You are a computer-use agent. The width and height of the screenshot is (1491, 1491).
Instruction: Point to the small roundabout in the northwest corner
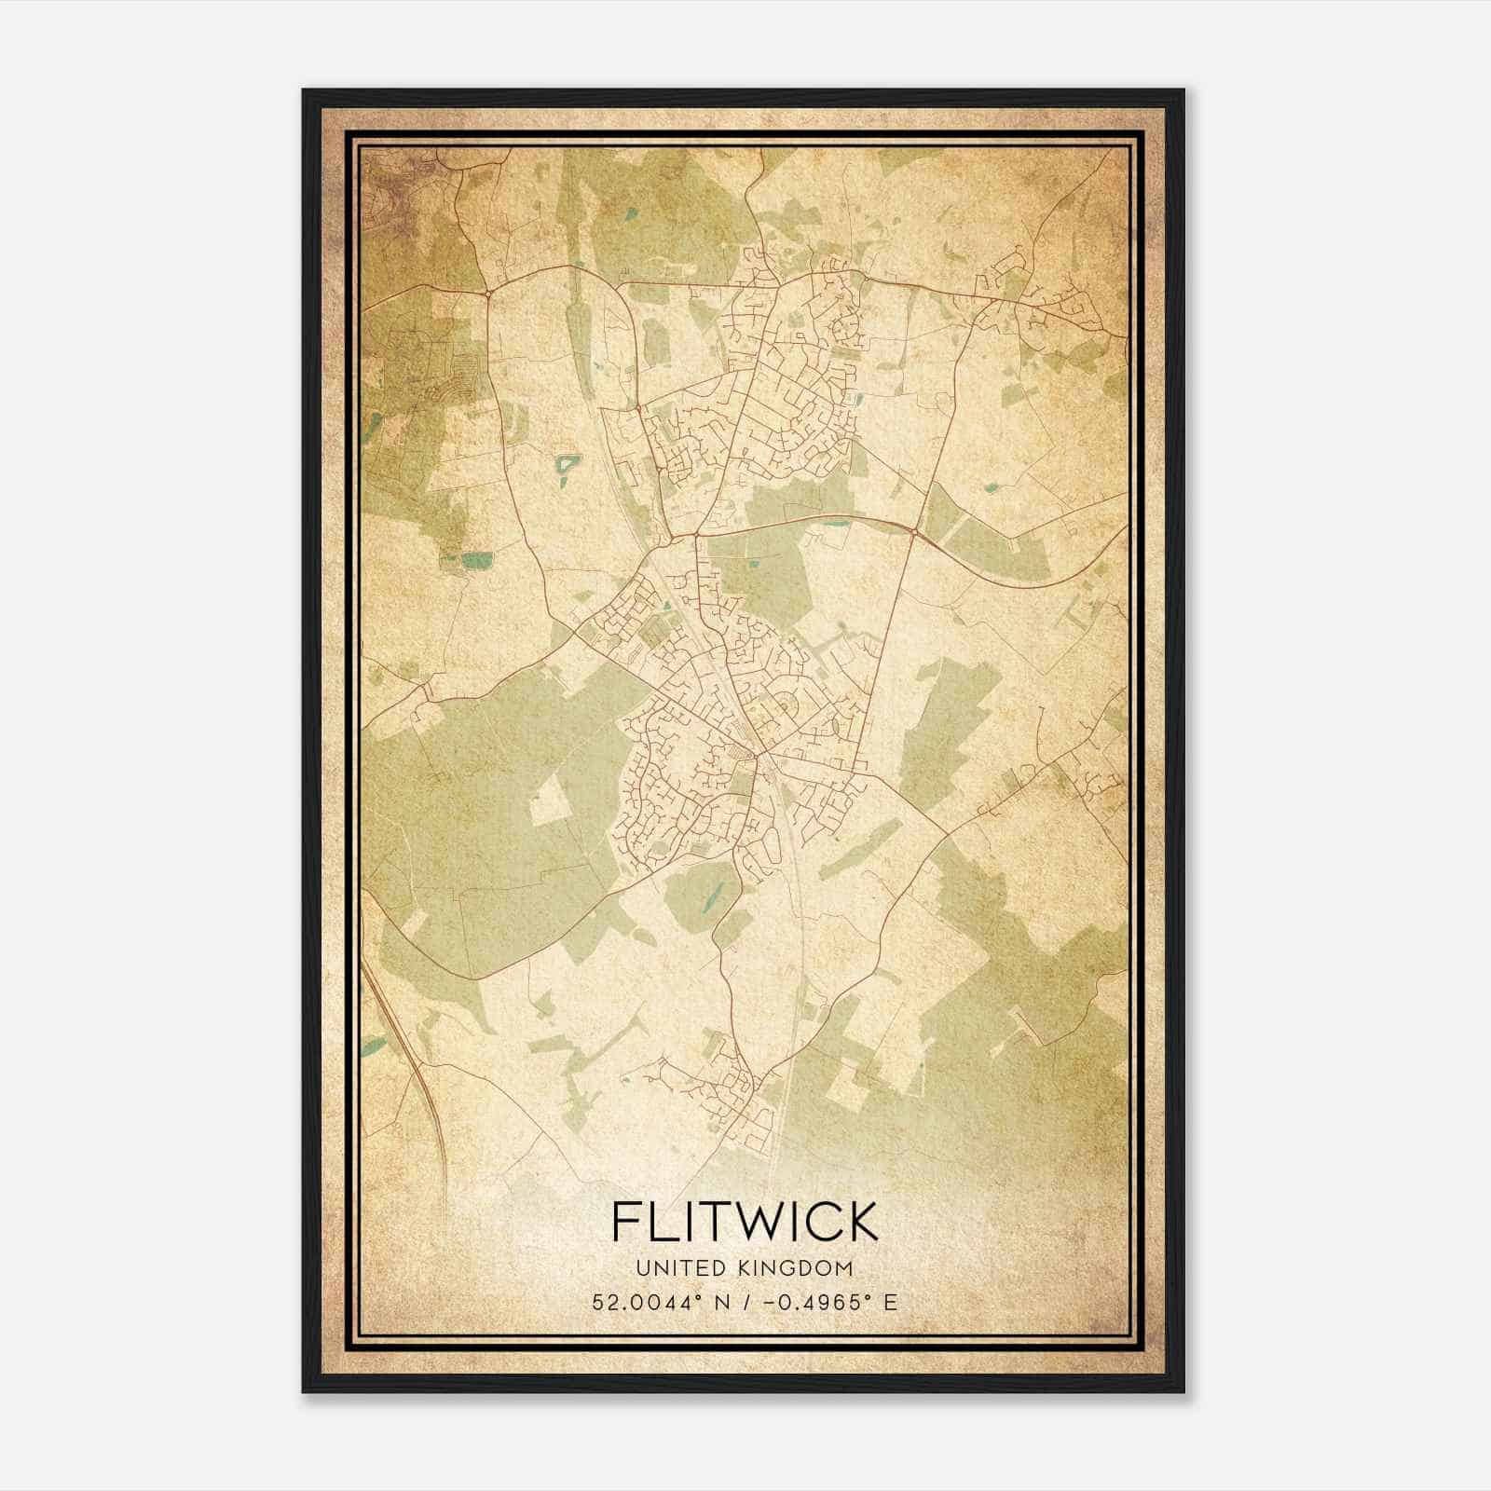[x=488, y=294]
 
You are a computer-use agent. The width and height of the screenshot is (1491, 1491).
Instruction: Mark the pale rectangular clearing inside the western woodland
[x=550, y=800]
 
